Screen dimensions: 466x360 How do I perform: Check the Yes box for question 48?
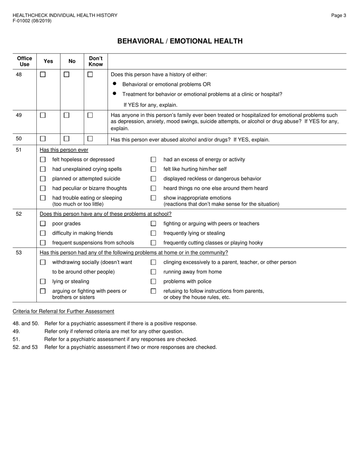pos(43,75)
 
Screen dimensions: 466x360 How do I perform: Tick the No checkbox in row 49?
pos(66,115)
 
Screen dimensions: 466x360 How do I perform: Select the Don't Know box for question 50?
pos(90,139)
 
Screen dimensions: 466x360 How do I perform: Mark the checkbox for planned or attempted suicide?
pos(43,179)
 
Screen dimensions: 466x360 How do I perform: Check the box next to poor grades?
pos(43,224)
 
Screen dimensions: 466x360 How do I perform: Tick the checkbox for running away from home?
pos(153,272)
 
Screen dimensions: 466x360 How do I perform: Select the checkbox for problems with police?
pos(153,281)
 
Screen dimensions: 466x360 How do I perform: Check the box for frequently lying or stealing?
pos(153,233)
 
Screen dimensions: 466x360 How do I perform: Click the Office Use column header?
pos(25,61)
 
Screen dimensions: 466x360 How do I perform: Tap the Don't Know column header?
pos(96,61)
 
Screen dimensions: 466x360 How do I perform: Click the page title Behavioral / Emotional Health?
pos(180,41)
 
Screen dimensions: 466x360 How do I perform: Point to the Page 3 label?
pos(338,16)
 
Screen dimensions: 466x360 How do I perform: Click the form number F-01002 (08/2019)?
pos(32,21)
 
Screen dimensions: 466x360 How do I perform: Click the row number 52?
pos(19,214)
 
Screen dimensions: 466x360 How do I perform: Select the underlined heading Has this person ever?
pos(64,150)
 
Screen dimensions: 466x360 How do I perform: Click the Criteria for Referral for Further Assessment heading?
pos(63,311)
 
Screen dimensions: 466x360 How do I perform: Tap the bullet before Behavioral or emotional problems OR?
pos(114,84)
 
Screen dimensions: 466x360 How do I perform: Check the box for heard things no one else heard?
pos(153,188)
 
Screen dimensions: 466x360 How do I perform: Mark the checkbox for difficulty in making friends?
pos(43,233)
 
